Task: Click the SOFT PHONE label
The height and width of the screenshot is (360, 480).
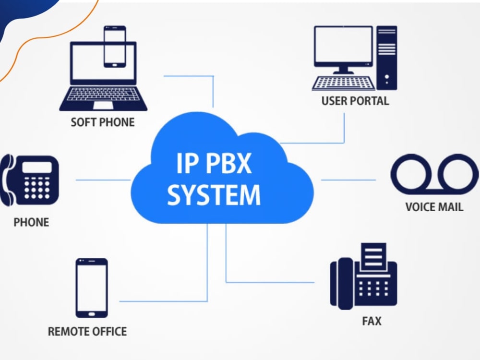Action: (x=103, y=122)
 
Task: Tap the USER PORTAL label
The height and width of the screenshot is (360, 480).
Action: (x=355, y=101)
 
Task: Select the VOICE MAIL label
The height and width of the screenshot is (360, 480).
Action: (x=434, y=207)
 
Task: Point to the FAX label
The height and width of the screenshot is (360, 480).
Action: (x=372, y=321)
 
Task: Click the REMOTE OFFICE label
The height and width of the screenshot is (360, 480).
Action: (x=87, y=331)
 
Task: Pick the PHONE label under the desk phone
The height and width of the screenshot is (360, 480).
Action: (x=31, y=222)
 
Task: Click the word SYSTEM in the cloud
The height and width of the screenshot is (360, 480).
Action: (x=214, y=195)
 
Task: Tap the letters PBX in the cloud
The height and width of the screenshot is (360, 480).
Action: (x=228, y=163)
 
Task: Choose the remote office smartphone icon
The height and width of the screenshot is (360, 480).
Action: (x=92, y=288)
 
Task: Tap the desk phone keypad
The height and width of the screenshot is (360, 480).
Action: (x=37, y=187)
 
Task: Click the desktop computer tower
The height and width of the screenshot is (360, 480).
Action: (x=386, y=58)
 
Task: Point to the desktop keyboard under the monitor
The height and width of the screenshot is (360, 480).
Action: (x=343, y=83)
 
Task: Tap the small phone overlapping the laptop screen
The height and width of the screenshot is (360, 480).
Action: (x=115, y=47)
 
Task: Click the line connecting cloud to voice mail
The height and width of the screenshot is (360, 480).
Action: (x=348, y=180)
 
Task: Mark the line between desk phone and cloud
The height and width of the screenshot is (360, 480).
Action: (x=103, y=180)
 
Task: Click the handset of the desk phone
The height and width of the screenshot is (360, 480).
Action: (x=7, y=180)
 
